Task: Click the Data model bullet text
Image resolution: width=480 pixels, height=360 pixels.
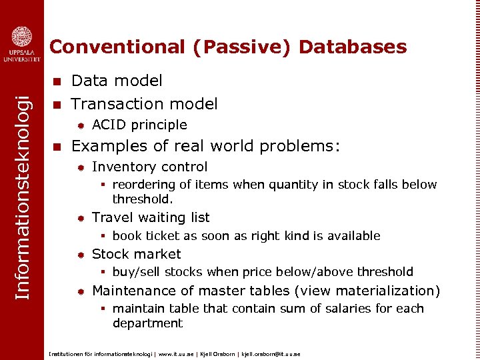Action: tap(117, 81)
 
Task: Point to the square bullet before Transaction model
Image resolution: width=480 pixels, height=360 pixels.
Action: tap(57, 105)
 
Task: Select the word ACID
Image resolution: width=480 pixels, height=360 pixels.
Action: tap(110, 125)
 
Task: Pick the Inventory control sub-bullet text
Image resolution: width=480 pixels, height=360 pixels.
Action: tap(149, 167)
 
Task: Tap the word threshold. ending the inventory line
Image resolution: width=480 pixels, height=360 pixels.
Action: tap(143, 199)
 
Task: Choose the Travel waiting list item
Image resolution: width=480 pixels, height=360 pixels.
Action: tap(151, 218)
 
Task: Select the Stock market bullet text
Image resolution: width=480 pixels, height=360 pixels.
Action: tap(136, 254)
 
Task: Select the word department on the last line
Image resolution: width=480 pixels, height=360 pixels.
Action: tap(147, 323)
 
